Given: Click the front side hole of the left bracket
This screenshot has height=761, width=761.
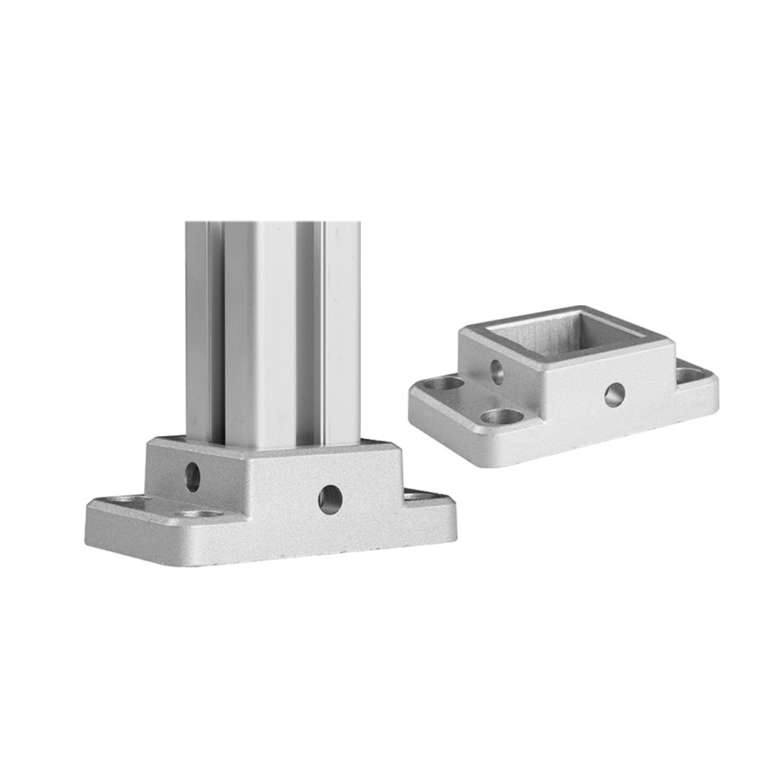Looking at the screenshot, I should [330, 497].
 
